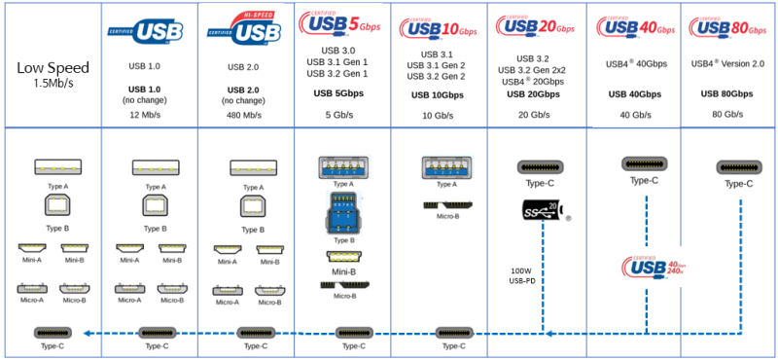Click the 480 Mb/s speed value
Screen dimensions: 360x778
point(245,115)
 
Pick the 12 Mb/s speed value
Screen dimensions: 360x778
point(147,115)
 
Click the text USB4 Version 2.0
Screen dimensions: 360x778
point(729,63)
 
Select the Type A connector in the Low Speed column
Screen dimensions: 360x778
point(51,166)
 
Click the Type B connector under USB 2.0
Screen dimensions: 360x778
point(245,206)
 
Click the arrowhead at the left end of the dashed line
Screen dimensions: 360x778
point(85,333)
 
